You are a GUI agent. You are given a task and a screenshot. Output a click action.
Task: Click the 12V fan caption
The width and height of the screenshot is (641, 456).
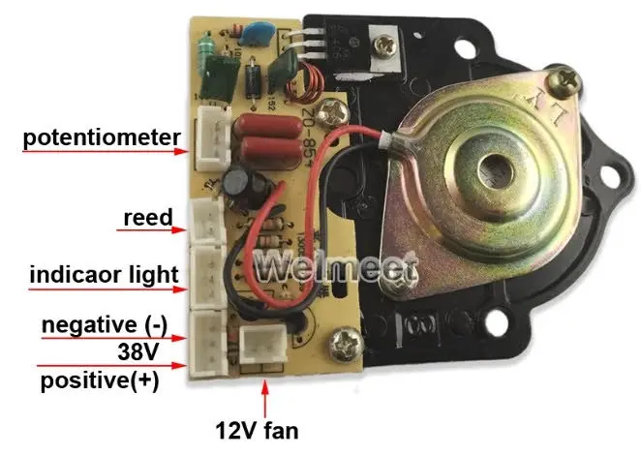tap(264, 427)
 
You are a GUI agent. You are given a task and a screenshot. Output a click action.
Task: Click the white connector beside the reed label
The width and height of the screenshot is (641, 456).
tap(204, 222)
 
